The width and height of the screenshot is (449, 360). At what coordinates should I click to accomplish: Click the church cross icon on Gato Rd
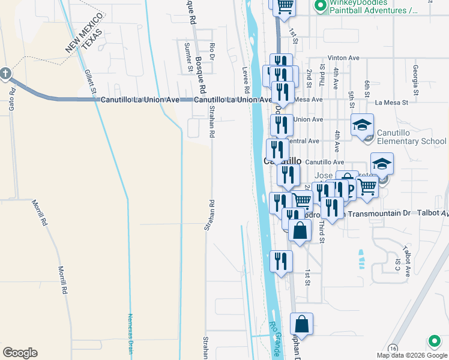point(5,74)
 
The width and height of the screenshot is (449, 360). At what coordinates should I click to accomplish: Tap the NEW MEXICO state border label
point(76,37)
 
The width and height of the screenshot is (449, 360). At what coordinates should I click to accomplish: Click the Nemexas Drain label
point(130,333)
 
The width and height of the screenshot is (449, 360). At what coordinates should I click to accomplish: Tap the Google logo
point(20,353)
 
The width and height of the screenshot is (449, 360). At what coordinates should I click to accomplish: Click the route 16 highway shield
point(393,348)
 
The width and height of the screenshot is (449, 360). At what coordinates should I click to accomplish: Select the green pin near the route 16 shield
point(434,342)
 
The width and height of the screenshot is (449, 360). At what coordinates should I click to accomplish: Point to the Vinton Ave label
point(343,58)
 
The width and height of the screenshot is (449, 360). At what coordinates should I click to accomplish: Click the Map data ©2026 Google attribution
point(412,355)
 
